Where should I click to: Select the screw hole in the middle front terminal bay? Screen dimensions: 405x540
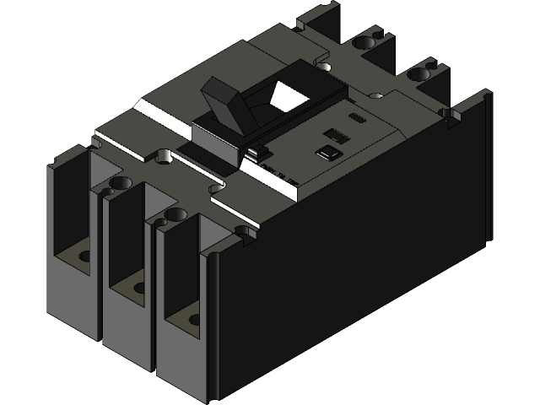click(137, 287)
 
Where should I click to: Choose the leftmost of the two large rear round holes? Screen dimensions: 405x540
click(364, 40)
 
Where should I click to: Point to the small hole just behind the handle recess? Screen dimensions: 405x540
click(324, 67)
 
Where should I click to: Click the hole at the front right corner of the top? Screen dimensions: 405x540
click(245, 230)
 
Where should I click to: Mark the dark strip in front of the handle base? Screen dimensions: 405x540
click(202, 157)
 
